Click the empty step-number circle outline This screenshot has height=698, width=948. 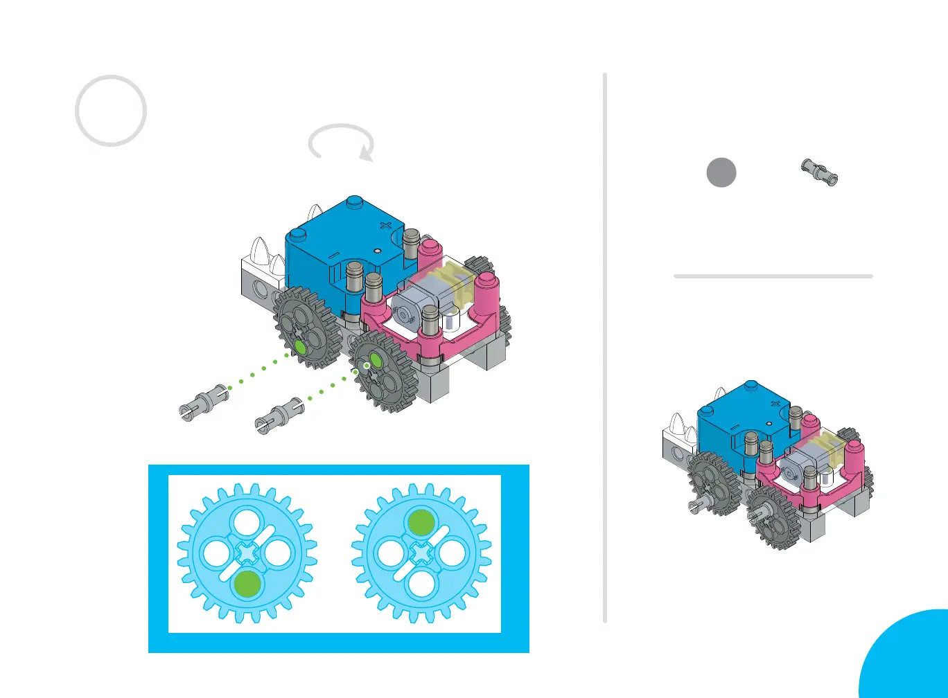click(x=111, y=111)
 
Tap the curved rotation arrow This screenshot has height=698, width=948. click(x=341, y=141)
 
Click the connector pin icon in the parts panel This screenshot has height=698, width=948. click(x=822, y=170)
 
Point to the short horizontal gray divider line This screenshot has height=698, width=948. click(x=773, y=276)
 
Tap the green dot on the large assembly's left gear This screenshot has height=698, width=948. click(x=298, y=346)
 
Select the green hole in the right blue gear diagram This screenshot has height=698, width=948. click(x=421, y=523)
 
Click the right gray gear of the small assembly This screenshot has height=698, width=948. click(x=775, y=516)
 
